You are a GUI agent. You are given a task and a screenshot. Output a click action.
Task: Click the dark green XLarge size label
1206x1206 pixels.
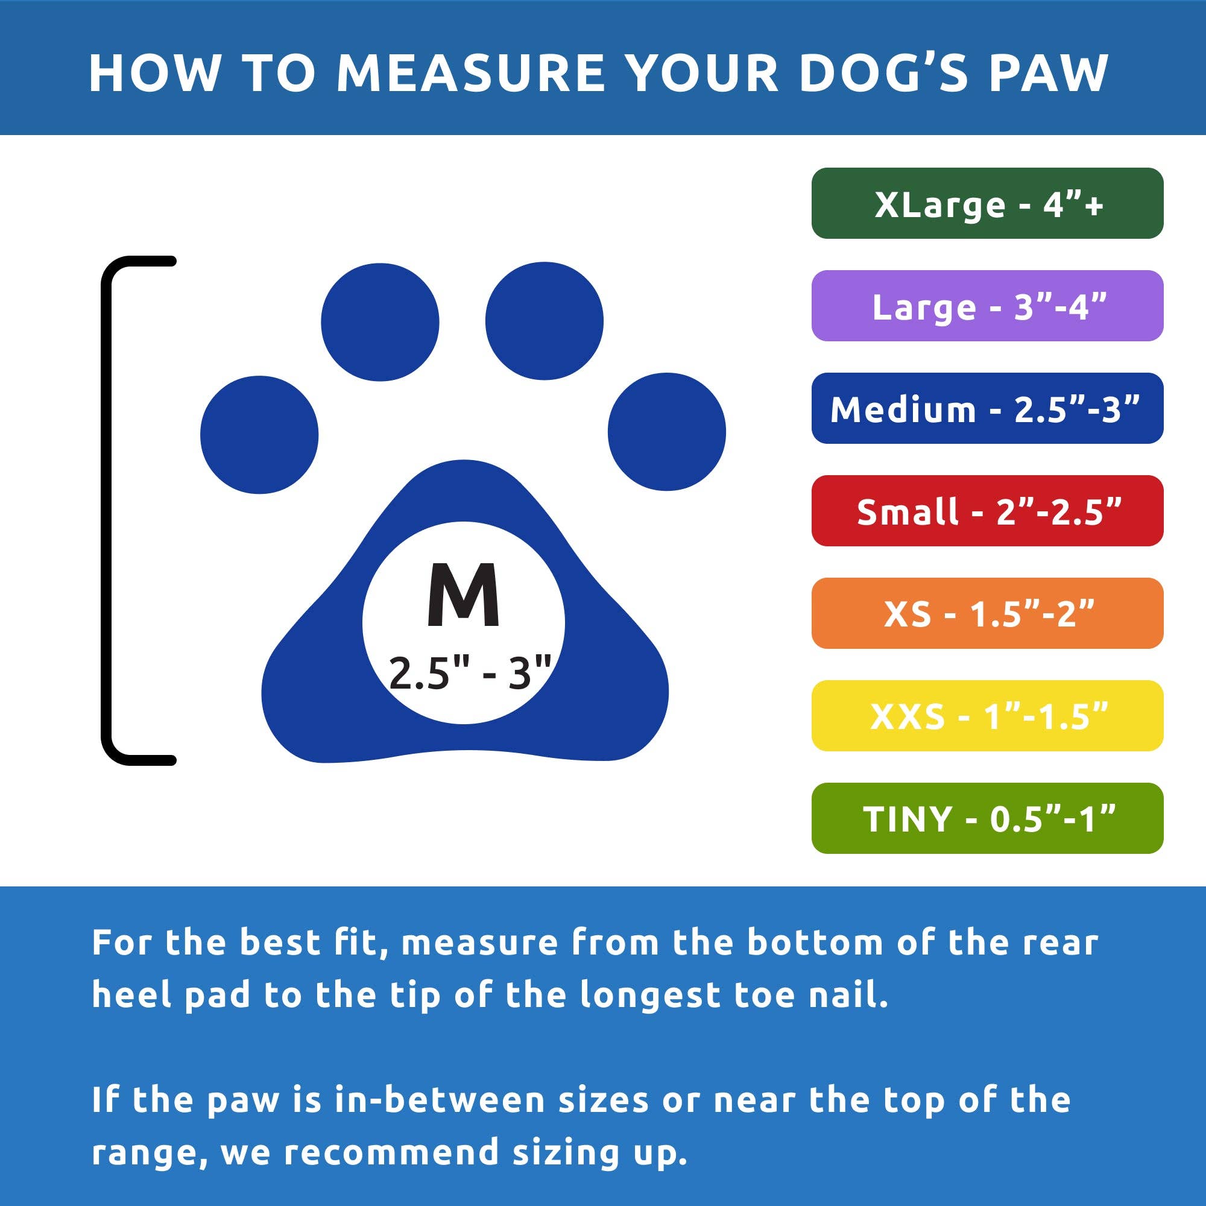987,203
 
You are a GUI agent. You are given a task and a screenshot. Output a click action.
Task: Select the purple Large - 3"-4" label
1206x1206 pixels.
987,306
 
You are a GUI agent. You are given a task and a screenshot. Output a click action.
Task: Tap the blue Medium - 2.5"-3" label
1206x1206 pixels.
987,408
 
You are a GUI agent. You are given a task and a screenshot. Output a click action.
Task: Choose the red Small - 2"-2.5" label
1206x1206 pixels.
987,511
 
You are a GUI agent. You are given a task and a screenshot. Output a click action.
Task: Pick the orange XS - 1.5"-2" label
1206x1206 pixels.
987,613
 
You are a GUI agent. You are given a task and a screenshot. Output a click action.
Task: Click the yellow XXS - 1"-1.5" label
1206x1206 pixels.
987,715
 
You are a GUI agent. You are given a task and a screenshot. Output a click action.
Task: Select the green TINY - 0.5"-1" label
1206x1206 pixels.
987,818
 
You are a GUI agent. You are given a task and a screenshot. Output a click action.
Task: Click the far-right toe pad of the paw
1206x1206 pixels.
667,431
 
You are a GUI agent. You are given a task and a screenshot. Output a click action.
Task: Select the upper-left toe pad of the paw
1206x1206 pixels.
379,322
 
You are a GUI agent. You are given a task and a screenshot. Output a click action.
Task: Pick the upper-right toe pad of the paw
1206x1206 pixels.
545,321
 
